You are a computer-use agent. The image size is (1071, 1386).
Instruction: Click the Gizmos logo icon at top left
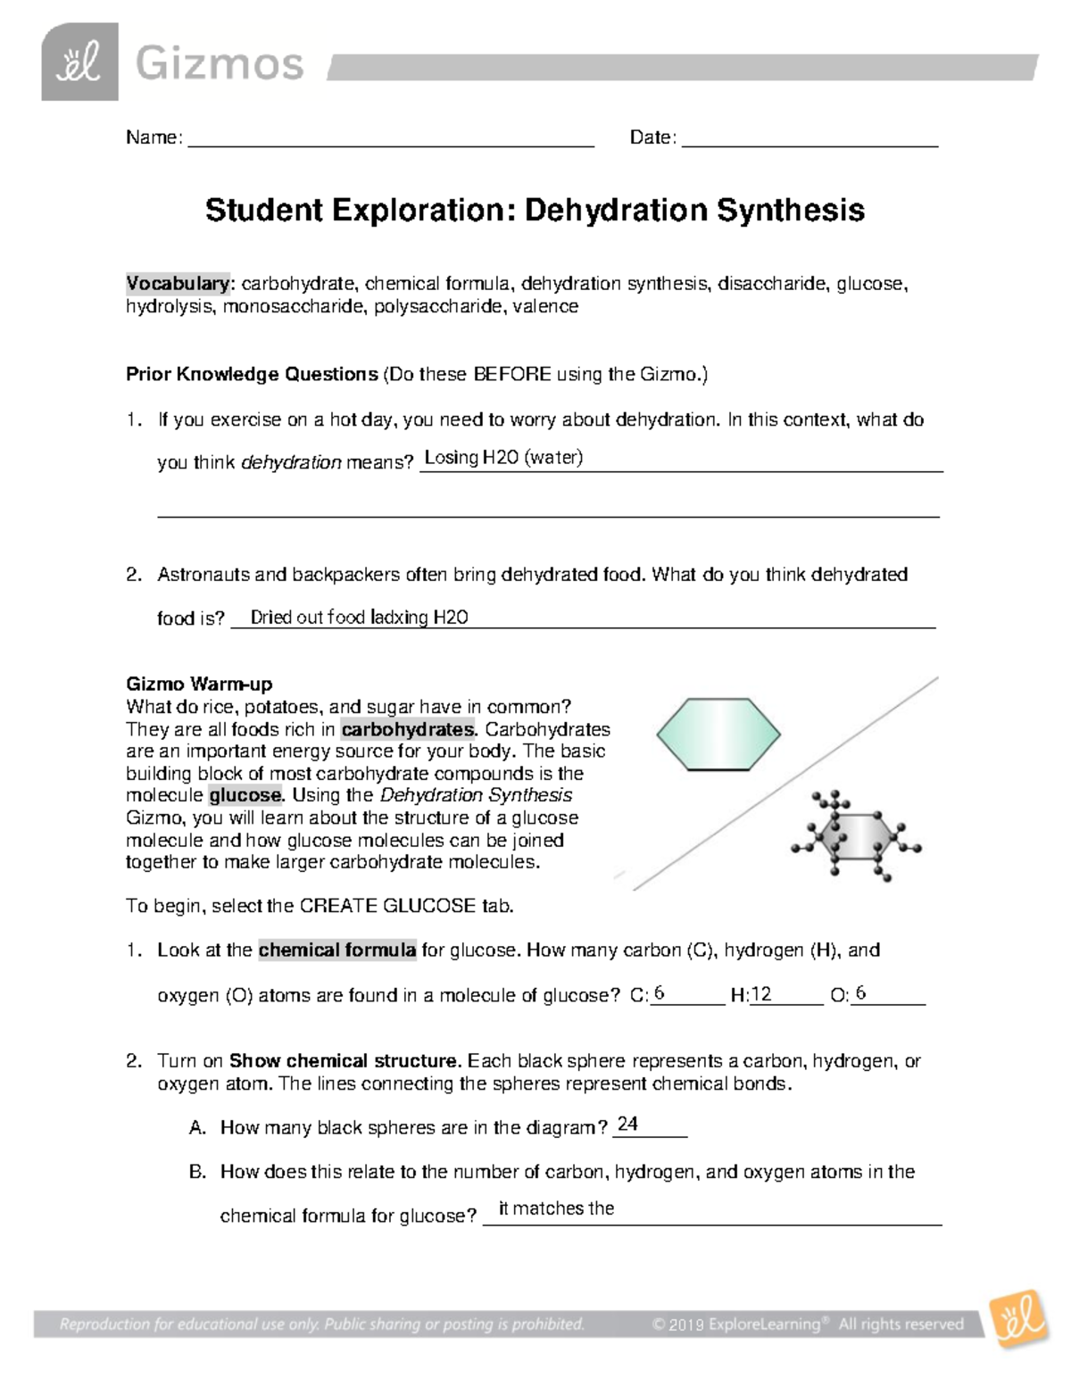tap(79, 62)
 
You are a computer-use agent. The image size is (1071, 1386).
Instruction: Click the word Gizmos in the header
tap(219, 64)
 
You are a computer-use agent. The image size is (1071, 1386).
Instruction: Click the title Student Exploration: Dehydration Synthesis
tap(535, 211)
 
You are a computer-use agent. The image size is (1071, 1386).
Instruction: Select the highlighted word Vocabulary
tap(178, 284)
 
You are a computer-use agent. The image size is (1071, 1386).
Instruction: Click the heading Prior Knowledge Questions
tap(252, 374)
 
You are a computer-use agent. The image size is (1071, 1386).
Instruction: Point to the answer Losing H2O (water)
tap(503, 458)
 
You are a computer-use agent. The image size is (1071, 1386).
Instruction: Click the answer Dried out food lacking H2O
tap(359, 617)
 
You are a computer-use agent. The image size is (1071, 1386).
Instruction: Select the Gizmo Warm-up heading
tap(199, 685)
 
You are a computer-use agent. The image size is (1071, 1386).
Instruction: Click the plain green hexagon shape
tap(718, 734)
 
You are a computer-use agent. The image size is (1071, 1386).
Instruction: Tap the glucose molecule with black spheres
tap(855, 836)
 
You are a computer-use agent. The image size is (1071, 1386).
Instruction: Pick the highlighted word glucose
tap(245, 795)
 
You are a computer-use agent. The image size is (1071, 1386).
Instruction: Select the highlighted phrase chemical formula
tap(337, 950)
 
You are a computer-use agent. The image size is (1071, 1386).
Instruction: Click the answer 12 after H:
tap(761, 994)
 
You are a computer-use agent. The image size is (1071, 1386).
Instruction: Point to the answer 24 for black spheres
tap(627, 1124)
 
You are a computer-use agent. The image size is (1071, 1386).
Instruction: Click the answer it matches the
tap(556, 1208)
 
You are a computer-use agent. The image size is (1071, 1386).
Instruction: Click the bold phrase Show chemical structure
tap(344, 1061)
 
